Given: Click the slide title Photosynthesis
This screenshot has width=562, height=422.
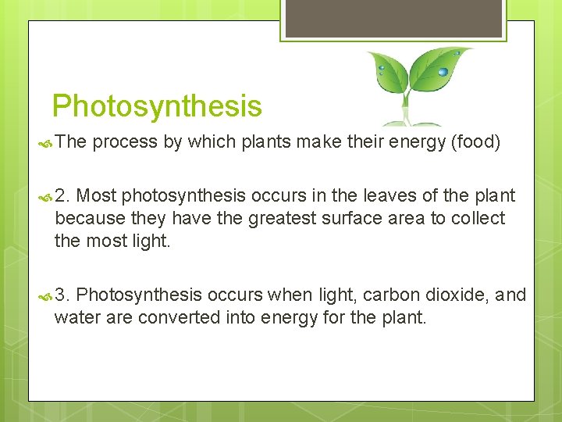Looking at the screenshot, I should (157, 105).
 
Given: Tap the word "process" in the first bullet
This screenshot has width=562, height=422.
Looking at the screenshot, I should (126, 142).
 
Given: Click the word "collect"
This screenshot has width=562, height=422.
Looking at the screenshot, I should (477, 218).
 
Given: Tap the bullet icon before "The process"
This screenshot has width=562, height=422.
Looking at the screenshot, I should (44, 143).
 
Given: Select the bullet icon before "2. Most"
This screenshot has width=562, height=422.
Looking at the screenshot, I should (44, 195).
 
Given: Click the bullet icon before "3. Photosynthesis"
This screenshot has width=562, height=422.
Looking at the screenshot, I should (44, 295).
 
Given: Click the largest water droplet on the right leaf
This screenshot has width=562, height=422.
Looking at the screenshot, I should (443, 72).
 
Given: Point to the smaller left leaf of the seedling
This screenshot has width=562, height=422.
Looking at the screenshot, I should (388, 72).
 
